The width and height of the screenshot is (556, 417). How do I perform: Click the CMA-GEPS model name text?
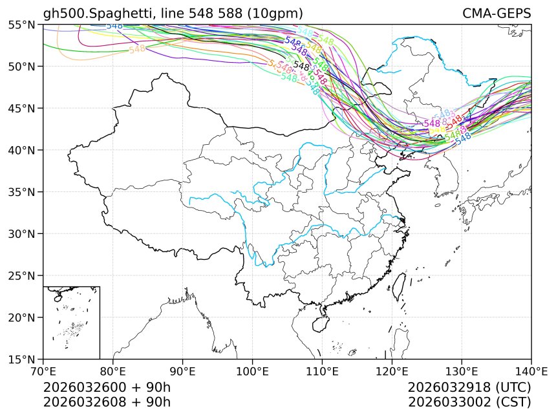pyautogui.click(x=497, y=14)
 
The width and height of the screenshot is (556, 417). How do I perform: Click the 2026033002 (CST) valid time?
pyautogui.click(x=469, y=402)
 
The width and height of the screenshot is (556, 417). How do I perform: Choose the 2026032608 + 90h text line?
pyautogui.click(x=107, y=402)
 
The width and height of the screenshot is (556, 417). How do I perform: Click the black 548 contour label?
pyautogui.click(x=301, y=66)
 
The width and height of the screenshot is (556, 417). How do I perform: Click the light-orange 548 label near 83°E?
pyautogui.click(x=137, y=50)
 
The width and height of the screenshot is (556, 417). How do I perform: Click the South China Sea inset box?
pyautogui.click(x=71, y=322)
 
